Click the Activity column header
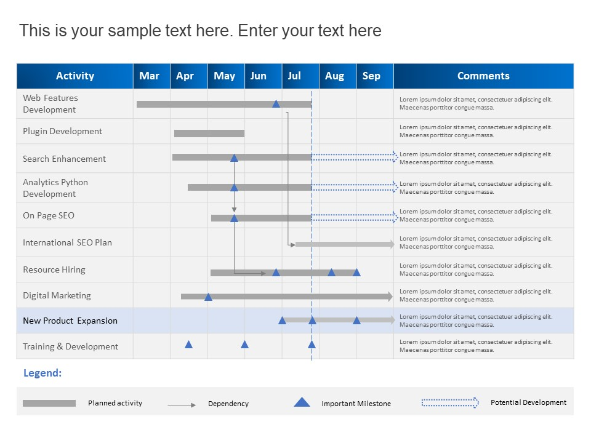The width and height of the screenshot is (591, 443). click(75, 76)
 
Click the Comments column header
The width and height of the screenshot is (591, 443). click(484, 76)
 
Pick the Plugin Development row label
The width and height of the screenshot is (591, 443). click(63, 131)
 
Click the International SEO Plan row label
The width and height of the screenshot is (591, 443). click(68, 242)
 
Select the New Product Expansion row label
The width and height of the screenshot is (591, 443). click(70, 321)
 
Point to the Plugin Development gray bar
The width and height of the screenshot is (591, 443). click(209, 134)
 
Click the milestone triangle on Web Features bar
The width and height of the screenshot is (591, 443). click(276, 103)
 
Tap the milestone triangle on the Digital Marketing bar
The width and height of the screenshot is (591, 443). click(208, 297)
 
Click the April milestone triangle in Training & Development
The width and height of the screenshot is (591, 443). click(189, 345)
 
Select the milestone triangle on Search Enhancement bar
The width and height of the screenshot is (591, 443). click(234, 158)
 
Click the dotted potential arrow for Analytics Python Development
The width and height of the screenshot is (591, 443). click(355, 187)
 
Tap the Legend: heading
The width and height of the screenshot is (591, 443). click(42, 373)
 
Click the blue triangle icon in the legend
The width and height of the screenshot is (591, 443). click(302, 402)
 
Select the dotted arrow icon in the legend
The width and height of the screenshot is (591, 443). click(450, 402)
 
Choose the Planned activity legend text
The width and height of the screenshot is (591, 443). click(115, 403)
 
